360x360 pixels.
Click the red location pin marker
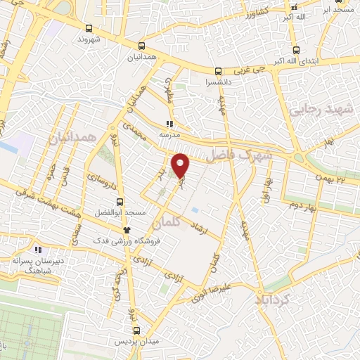[181, 165]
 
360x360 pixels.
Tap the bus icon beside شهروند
[89, 27]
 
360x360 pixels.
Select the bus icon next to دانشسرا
[218, 71]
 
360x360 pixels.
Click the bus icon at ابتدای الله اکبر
[295, 50]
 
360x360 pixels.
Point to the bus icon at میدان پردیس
[137, 330]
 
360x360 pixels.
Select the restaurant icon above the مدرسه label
[169, 120]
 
